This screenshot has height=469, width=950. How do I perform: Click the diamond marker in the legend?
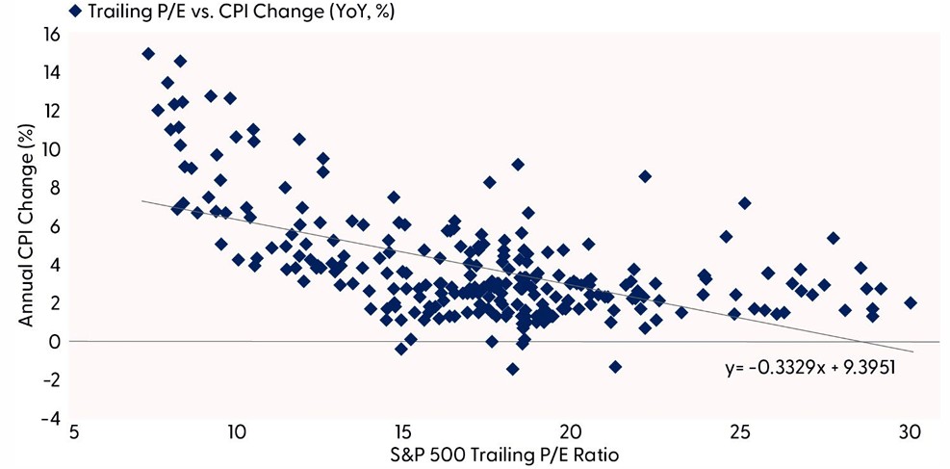pos(75,12)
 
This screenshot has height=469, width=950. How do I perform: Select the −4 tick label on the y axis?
pos(47,419)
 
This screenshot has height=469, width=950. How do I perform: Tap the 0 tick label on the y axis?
pos(54,342)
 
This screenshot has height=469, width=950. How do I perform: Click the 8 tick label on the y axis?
pos(54,188)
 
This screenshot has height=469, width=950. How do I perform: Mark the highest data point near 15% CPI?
pos(148,54)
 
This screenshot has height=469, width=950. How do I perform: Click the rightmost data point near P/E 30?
pos(911,302)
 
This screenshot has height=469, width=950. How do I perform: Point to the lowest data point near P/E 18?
pos(513,369)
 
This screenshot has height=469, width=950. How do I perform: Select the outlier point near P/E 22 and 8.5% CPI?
pos(645,176)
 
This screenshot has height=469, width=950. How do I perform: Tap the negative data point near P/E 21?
pos(615,366)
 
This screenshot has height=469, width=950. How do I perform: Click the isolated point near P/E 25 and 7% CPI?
pos(744,203)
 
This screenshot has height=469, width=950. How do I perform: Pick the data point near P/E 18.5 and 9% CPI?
pos(518,165)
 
